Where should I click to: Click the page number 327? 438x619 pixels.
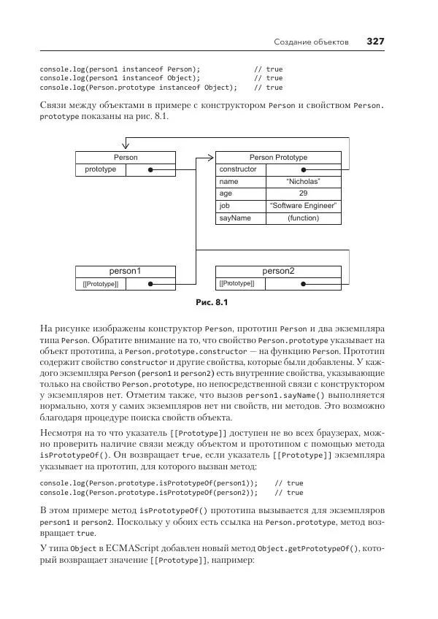pos(374,41)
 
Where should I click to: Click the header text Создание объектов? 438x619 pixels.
pos(311,42)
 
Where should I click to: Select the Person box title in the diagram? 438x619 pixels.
pos(126,157)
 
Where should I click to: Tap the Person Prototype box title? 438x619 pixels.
pos(278,157)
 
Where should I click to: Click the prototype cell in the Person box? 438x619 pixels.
pos(100,169)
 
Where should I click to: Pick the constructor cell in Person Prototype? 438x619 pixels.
pos(239,169)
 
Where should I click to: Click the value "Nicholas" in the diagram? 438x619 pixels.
pos(303,182)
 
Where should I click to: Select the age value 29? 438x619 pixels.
pos(303,193)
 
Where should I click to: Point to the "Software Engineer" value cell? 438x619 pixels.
pos(303,206)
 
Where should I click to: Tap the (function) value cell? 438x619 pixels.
pos(303,218)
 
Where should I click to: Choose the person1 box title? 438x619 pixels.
pos(126,272)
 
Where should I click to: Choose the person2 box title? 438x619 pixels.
pos(278,272)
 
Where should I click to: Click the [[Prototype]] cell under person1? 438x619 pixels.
pos(100,284)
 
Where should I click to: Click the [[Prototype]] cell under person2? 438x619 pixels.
pos(237,283)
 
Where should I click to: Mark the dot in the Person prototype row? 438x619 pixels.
pos(150,170)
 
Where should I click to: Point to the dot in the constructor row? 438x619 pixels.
pos(315,170)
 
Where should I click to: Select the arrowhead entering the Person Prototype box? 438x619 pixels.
pos(212,157)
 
